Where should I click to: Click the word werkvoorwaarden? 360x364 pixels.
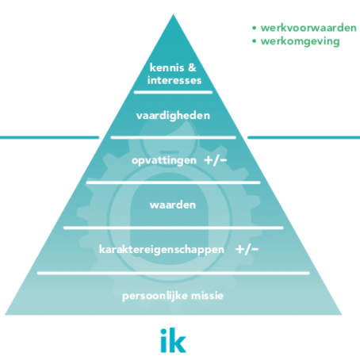pyautogui.click(x=308, y=28)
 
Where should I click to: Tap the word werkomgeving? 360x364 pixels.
pyautogui.click(x=300, y=41)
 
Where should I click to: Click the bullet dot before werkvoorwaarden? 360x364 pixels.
pyautogui.click(x=255, y=28)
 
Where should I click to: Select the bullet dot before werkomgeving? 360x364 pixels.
pyautogui.click(x=255, y=41)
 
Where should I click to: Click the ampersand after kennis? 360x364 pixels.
pyautogui.click(x=192, y=67)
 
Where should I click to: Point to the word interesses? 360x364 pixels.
pyautogui.click(x=174, y=80)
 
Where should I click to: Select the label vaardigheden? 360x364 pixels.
pyautogui.click(x=173, y=116)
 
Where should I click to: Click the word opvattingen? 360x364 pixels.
pyautogui.click(x=164, y=161)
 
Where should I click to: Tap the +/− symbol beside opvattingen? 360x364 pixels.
pyautogui.click(x=216, y=160)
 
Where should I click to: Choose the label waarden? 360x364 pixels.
pyautogui.click(x=173, y=205)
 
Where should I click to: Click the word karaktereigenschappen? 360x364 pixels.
pyautogui.click(x=162, y=250)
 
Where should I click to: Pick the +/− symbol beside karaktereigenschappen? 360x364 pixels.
pyautogui.click(x=247, y=249)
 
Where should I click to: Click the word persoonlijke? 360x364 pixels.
pyautogui.click(x=155, y=296)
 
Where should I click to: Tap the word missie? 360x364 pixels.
pyautogui.click(x=207, y=296)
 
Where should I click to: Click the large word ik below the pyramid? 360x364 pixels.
pyautogui.click(x=173, y=340)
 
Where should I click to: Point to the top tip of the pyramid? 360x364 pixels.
pyautogui.click(x=174, y=14)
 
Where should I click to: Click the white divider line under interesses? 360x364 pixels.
pyautogui.click(x=173, y=92)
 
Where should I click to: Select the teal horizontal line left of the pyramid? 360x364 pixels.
pyautogui.click(x=49, y=137)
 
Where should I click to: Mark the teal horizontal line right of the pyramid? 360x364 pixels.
pyautogui.click(x=304, y=137)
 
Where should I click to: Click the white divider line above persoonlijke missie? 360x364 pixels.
pyautogui.click(x=174, y=273)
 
